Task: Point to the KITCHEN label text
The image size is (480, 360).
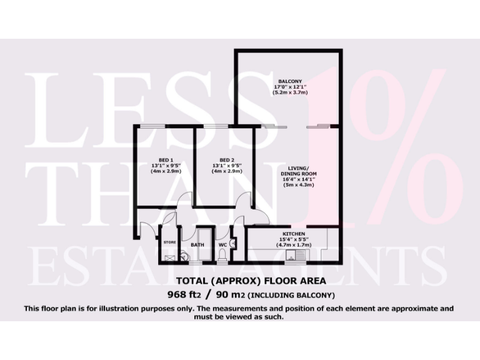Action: (293, 233)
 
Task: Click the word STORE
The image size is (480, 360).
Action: (169, 242)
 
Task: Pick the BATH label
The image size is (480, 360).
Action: (197, 246)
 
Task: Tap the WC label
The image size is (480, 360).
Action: (222, 246)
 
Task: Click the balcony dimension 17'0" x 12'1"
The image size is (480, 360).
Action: (290, 87)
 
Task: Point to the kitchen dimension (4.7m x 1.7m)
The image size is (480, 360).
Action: (293, 244)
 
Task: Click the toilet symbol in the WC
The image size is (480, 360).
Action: (223, 256)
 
